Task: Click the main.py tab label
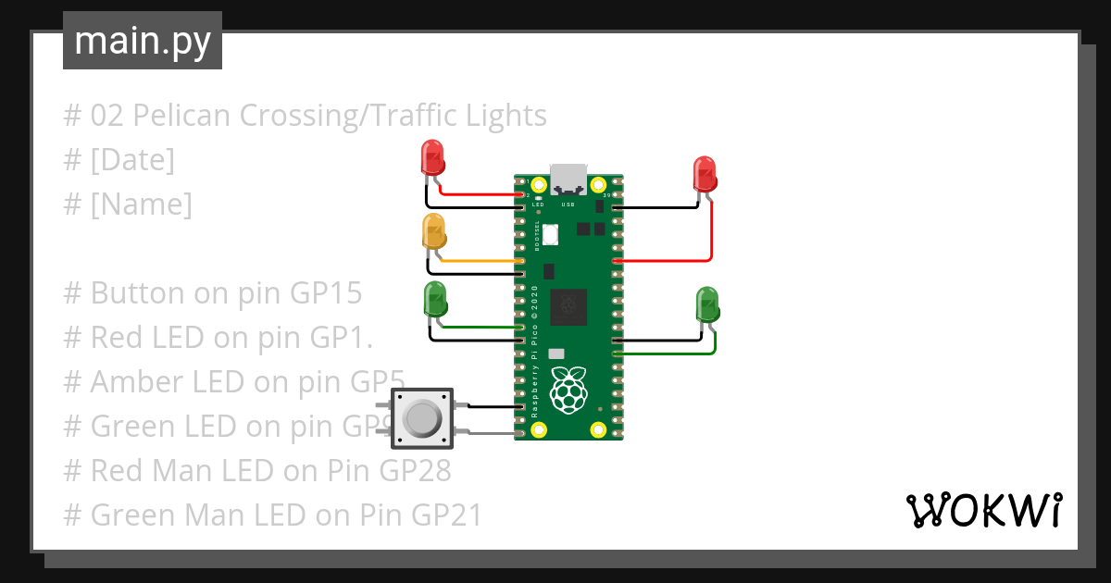pos(142,41)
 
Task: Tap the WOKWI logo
pos(983,510)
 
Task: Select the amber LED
pos(433,230)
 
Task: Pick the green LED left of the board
pos(434,299)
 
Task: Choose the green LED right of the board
pos(706,304)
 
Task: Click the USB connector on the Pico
pos(568,179)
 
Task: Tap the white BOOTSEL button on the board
pos(551,235)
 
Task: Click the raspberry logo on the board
pos(568,390)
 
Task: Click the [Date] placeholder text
pos(131,160)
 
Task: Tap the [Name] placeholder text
pos(141,205)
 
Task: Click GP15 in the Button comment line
pos(326,293)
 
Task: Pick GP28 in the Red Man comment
pos(415,471)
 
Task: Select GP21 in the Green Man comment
pos(446,515)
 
